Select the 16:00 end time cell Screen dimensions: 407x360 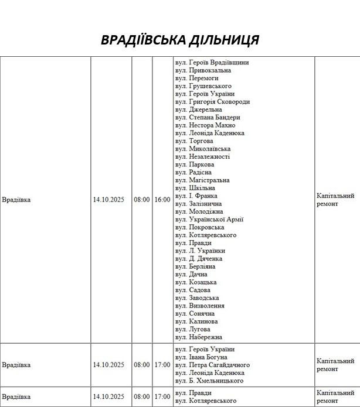pos(162,200)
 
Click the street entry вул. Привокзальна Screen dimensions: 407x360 pos(203,70)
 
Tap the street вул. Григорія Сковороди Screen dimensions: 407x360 pos(212,102)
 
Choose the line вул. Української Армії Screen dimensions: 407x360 pos(209,220)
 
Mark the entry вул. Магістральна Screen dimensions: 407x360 pos(202,180)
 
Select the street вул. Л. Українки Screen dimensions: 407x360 pos(200,251)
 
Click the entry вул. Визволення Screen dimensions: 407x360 pos(200,306)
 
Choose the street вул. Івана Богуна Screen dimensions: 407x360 pos(201,357)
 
